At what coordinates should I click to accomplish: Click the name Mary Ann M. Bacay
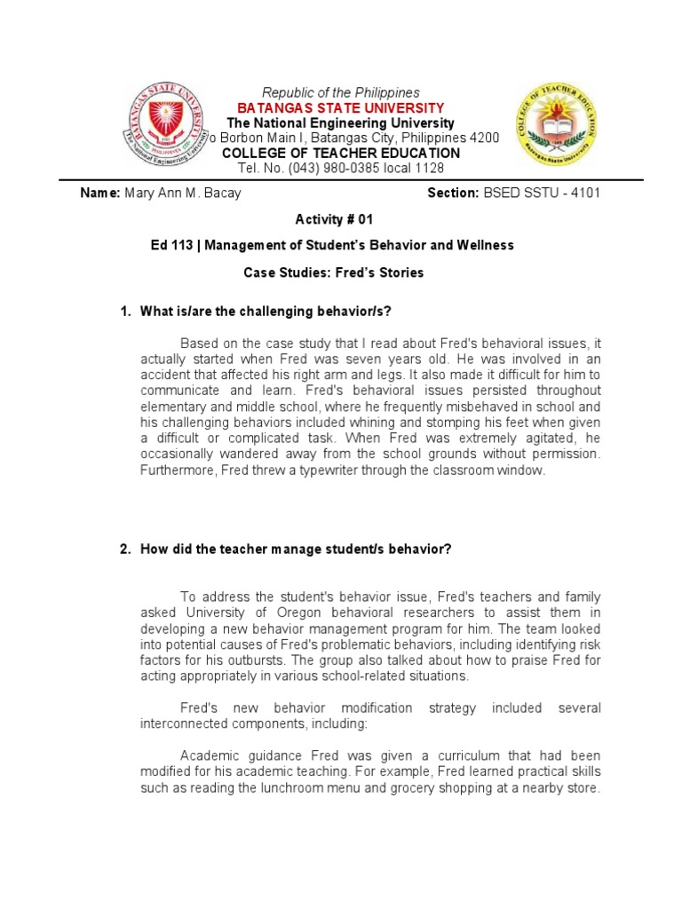pos(183,193)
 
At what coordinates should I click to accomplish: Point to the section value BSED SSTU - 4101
pos(542,193)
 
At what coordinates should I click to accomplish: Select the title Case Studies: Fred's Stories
pos(334,273)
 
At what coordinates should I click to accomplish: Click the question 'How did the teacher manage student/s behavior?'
pos(296,549)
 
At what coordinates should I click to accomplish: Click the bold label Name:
pos(100,193)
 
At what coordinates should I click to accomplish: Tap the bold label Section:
pos(453,193)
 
